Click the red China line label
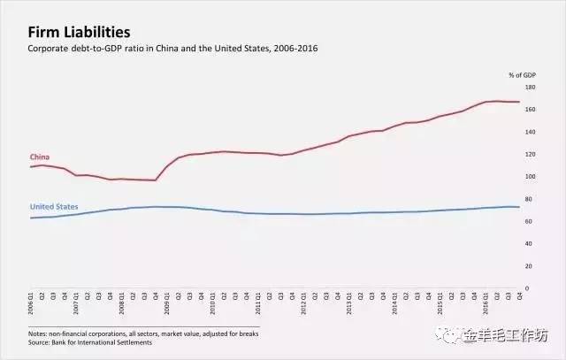click(39, 157)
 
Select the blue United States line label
click(54, 207)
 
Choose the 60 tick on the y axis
click(529, 221)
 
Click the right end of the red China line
click(519, 102)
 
